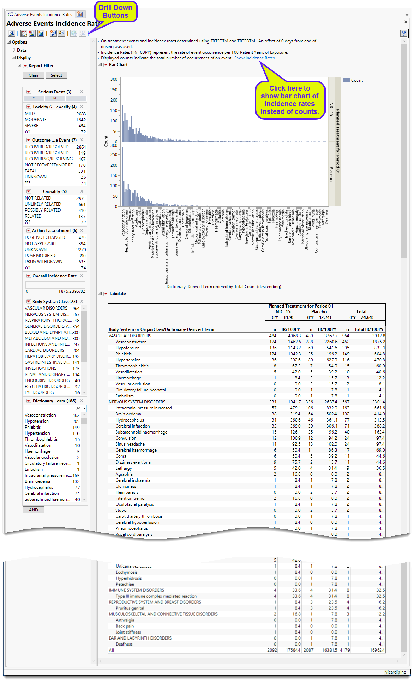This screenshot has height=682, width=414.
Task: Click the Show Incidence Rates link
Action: click(254, 58)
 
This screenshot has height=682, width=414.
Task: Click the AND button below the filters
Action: click(33, 510)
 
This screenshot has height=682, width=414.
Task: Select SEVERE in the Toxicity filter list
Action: click(31, 126)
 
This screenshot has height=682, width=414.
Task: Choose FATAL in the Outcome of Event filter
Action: click(31, 171)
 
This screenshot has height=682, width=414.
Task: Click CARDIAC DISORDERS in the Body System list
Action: click(44, 350)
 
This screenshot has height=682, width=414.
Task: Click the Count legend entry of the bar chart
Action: click(356, 80)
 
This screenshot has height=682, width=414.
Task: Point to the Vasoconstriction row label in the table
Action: click(131, 342)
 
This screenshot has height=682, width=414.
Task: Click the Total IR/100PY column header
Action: click(369, 329)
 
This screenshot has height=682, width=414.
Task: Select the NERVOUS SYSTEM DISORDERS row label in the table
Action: click(137, 402)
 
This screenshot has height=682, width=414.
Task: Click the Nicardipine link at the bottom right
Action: click(395, 672)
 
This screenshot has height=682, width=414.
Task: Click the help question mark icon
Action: click(403, 33)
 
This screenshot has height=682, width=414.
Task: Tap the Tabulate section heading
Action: click(117, 294)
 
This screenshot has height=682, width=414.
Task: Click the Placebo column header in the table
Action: click(319, 312)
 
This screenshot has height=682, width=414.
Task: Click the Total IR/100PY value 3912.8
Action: click(378, 336)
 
